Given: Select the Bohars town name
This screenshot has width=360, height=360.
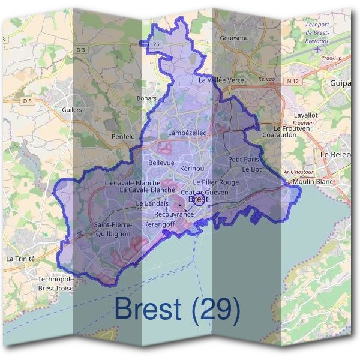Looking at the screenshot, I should [x=146, y=98].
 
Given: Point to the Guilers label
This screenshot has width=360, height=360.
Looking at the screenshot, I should [x=72, y=110].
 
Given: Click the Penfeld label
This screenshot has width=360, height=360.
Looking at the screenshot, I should [x=123, y=136].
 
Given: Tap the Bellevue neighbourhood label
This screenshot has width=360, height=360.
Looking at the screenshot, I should [x=161, y=163].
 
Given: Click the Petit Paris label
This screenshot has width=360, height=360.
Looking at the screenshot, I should [x=243, y=160].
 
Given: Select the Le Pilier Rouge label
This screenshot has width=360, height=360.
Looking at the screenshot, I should [x=216, y=182].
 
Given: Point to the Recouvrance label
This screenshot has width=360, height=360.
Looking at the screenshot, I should [x=173, y=214].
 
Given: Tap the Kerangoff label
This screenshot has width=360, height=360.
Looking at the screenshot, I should [x=159, y=224].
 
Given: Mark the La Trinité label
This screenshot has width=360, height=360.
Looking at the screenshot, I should [x=21, y=258].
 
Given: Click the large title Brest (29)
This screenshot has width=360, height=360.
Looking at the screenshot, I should [x=177, y=309].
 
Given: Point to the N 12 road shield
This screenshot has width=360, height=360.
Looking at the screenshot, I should [x=293, y=80].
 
